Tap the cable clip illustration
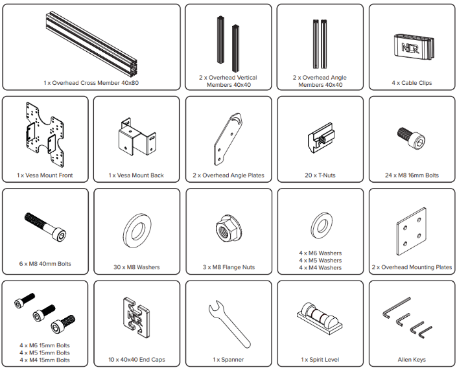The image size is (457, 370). pyautogui.click(x=414, y=47)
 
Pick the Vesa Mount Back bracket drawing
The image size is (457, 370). pyautogui.click(x=137, y=137)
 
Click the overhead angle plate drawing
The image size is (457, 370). pyautogui.click(x=228, y=139)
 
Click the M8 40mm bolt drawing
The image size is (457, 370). pyautogui.click(x=45, y=227)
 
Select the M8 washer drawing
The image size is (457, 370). pyautogui.click(x=137, y=231)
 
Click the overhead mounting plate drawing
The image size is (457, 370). pyautogui.click(x=412, y=231)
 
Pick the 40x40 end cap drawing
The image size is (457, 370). pyautogui.click(x=136, y=318)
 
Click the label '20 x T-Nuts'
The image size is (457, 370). pyautogui.click(x=320, y=176)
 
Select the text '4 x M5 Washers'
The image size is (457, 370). pyautogui.click(x=320, y=260)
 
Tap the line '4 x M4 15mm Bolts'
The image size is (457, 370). pyautogui.click(x=45, y=360)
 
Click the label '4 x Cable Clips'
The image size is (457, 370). pyautogui.click(x=412, y=83)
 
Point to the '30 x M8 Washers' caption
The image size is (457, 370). pyautogui.click(x=137, y=267)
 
